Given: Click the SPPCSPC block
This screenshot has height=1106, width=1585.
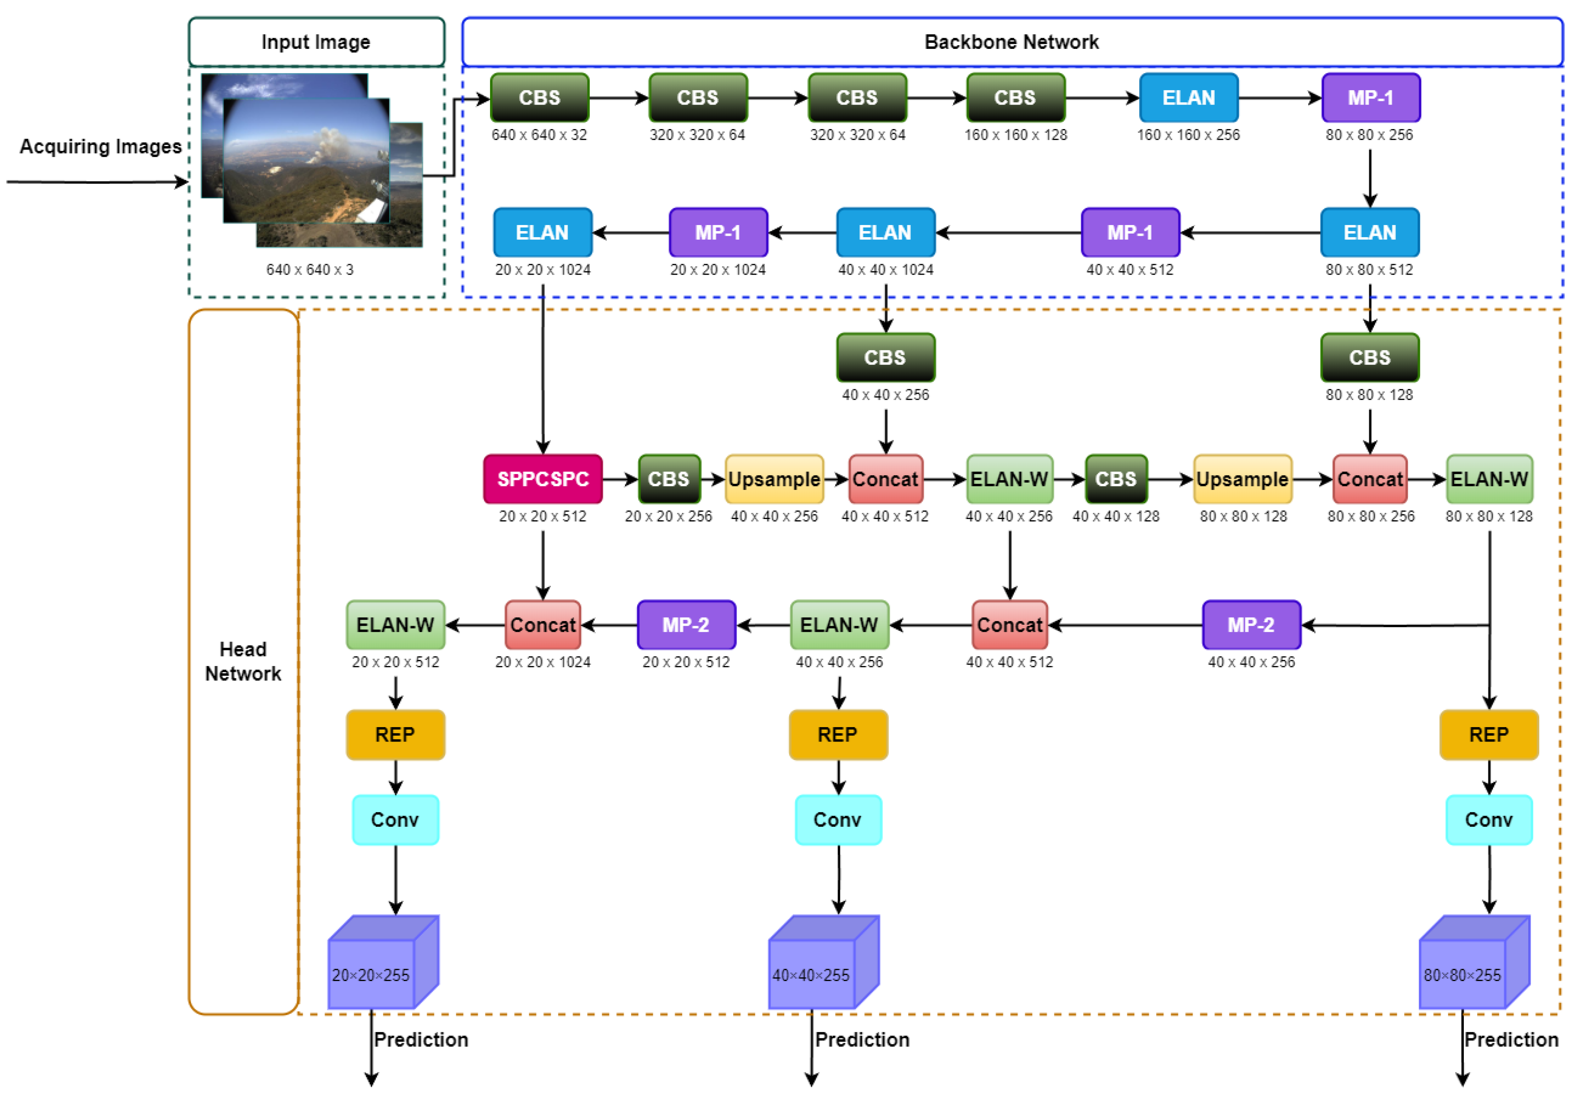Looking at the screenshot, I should point(543,479).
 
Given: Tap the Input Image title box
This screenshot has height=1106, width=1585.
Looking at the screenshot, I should point(316,42).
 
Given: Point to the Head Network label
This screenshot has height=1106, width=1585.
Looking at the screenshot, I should point(243,661).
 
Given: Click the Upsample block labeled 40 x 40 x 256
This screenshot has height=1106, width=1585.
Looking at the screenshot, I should point(774,479).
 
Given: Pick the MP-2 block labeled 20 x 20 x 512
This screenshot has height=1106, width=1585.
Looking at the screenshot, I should point(686,624).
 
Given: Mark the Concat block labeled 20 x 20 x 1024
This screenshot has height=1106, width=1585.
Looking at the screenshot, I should point(543,624).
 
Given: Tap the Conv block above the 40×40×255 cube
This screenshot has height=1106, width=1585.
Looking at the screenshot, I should point(838,820).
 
